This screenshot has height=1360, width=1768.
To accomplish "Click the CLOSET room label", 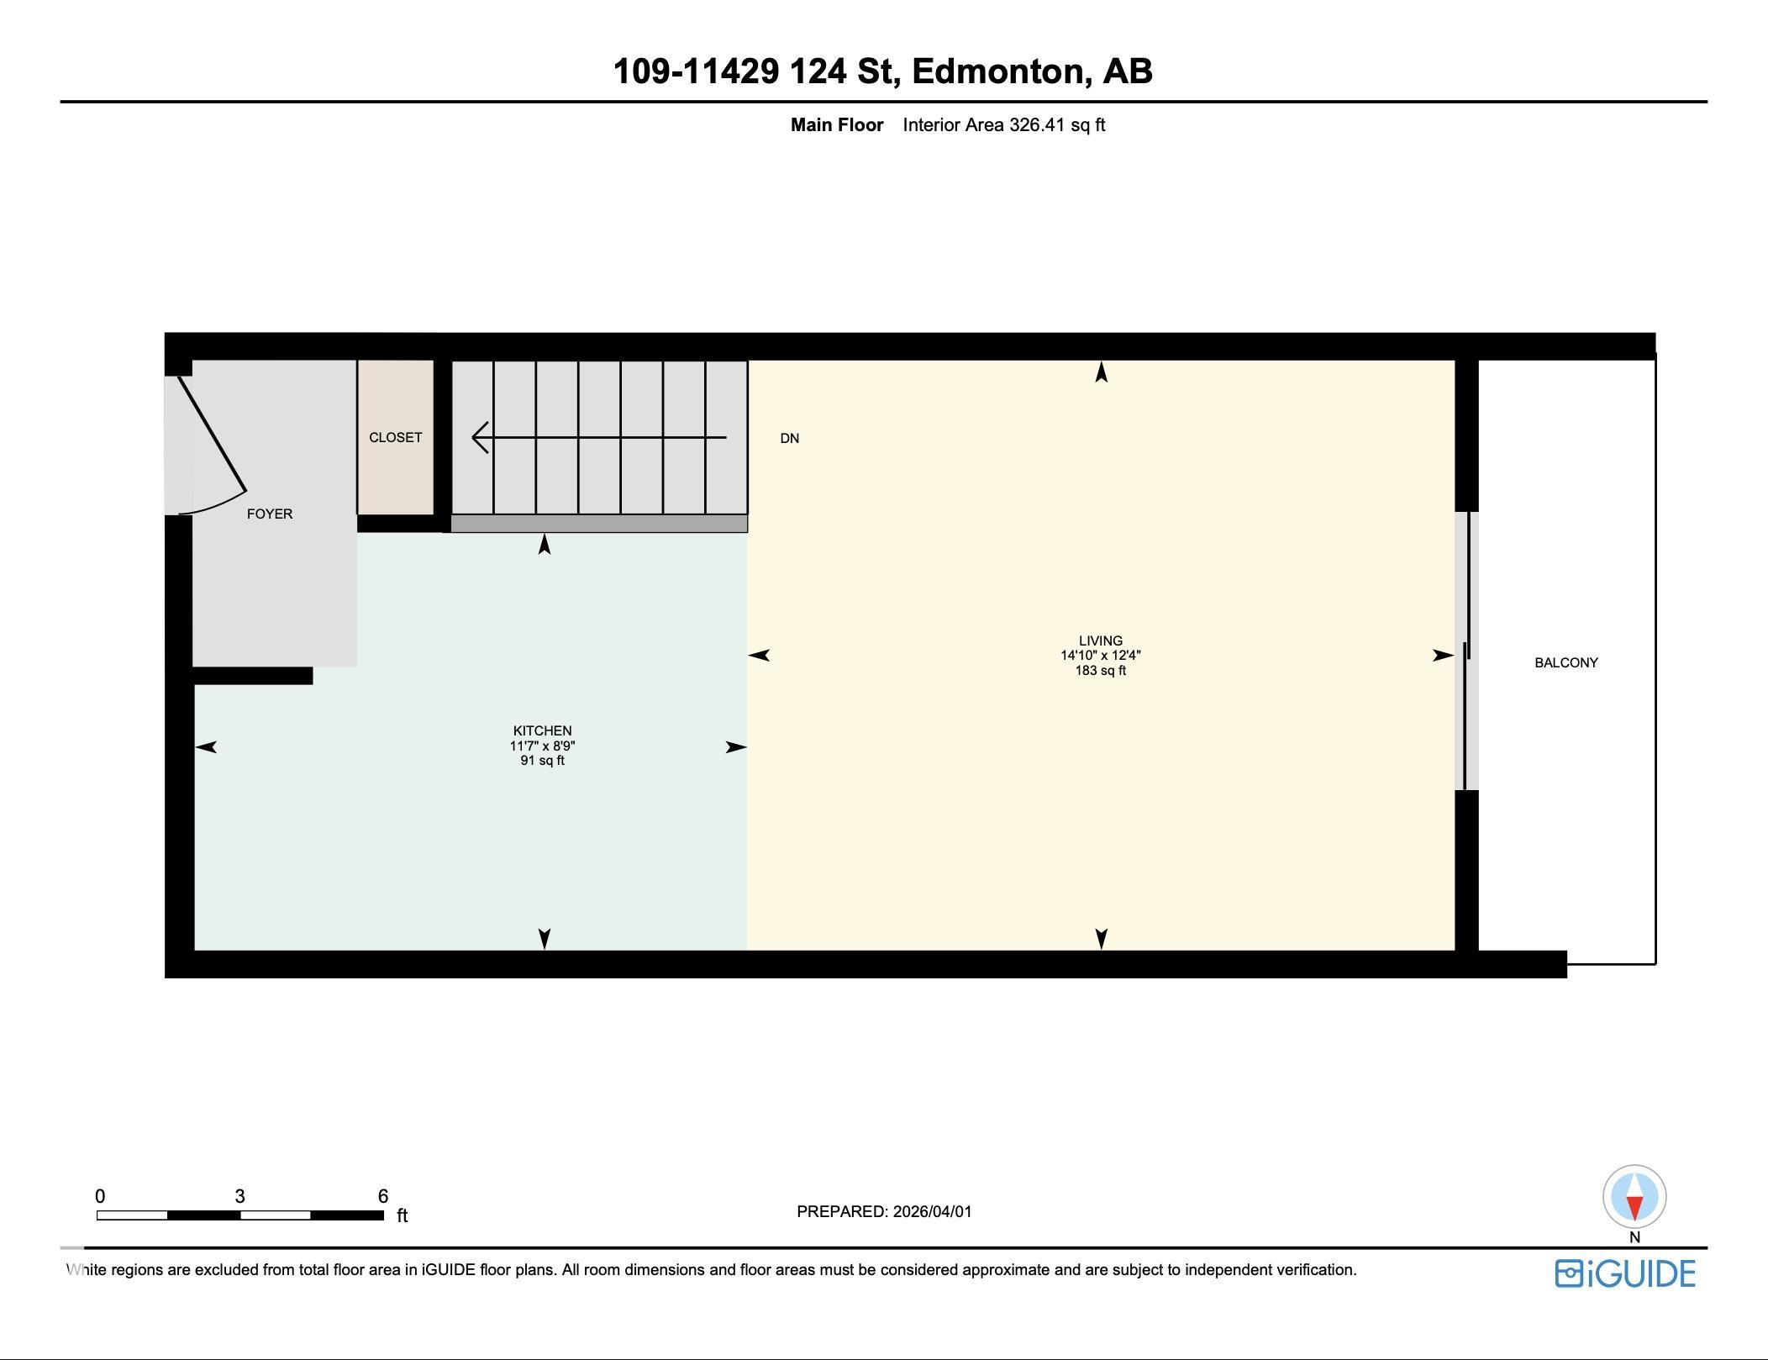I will pos(395,437).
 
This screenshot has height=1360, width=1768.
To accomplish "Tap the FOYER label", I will pos(270,514).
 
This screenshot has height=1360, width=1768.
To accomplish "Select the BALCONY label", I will pos(1565,662).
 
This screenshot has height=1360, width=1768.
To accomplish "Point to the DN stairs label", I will pos(789,438).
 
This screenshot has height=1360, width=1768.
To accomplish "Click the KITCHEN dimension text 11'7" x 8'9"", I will pos(542,746).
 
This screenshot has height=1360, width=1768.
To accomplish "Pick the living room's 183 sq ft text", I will pos(1100,671).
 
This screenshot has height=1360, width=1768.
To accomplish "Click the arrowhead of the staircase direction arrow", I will pos(480,437).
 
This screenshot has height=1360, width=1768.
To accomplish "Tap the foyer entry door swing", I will pos(212,445).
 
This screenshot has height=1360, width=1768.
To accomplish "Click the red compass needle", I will pos(1634,1208).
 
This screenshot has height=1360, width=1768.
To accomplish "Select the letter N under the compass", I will pos(1634,1237).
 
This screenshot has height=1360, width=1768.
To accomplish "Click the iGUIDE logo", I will pos(1624,1273).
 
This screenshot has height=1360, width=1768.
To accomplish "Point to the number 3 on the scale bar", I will pos(239,1196).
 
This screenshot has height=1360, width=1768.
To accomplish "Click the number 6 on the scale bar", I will pos(383,1196).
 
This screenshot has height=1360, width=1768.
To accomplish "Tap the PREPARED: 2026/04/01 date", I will pos(884,1211).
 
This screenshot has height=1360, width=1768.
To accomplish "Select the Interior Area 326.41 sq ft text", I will pos(1003,125).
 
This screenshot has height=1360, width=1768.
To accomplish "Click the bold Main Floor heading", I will pos(836,125).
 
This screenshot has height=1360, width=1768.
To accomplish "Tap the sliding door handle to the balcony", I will pos(1466,651).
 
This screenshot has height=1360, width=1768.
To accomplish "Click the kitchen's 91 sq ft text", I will pos(542,761).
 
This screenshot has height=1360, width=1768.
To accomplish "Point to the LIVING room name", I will pos(1100,640).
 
